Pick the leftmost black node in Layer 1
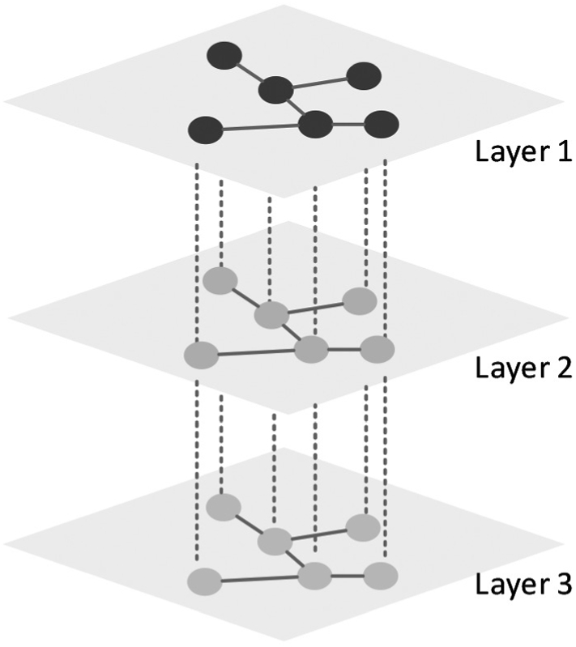pos(204,130)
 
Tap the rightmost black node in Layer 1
pos(381,126)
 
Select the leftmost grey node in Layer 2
pos(203,355)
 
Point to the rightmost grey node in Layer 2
pos(377,350)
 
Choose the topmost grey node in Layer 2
pos(220,281)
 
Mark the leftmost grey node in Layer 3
pos(204,581)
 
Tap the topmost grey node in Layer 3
pos(223,507)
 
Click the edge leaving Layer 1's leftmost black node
pos(259,127)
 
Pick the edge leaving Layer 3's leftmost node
pos(258,579)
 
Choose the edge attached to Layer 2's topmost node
pos(245,298)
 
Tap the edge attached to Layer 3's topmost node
pos(249,523)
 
